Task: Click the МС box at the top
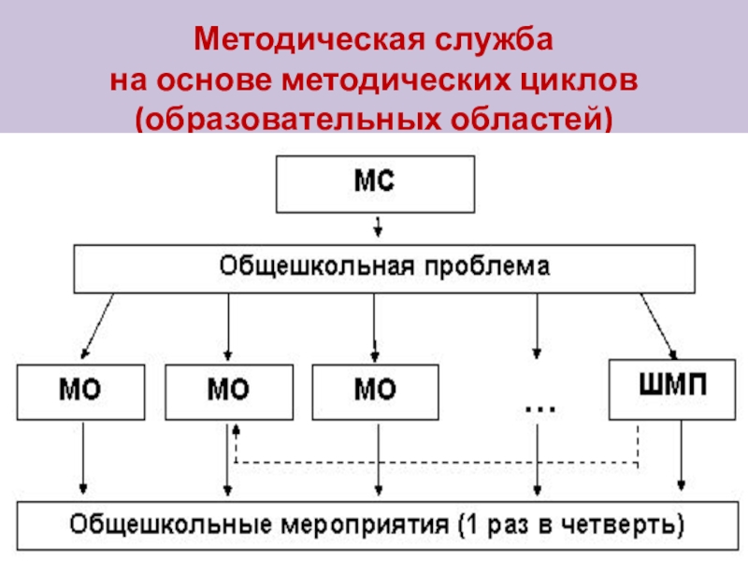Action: (374, 183)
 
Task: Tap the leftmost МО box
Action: (81, 392)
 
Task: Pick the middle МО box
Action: (227, 392)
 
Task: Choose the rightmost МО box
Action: (374, 392)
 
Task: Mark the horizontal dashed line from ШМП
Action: (439, 462)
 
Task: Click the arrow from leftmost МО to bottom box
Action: (83, 458)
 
